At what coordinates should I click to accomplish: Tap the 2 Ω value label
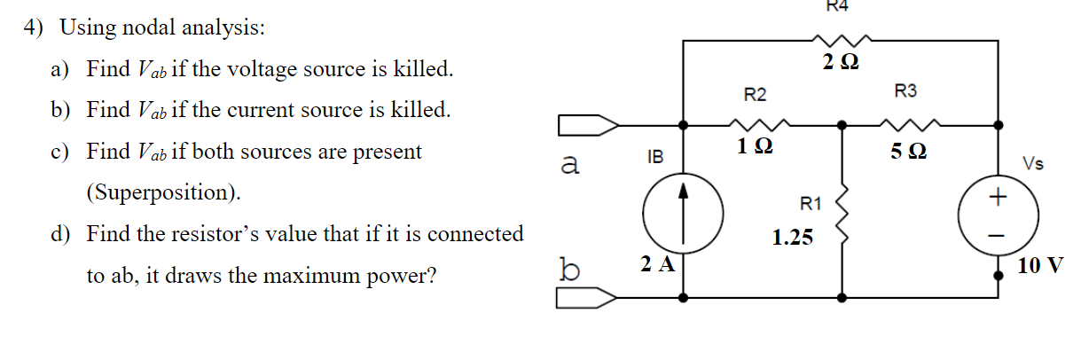pyautogui.click(x=839, y=63)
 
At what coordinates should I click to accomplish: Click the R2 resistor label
pyautogui.click(x=755, y=94)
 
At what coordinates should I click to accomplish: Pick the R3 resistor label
pyautogui.click(x=906, y=90)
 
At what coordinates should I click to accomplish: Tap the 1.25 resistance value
pyautogui.click(x=792, y=238)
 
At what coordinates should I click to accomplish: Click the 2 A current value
pyautogui.click(x=658, y=263)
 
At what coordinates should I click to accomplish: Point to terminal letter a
pyautogui.click(x=571, y=164)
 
